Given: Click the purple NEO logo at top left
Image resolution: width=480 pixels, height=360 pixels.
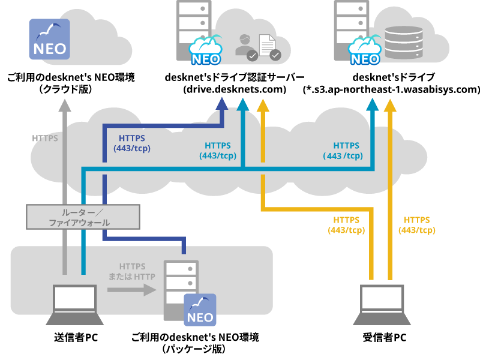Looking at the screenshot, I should coord(49,39).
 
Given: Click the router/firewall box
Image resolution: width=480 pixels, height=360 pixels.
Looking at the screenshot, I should coord(83,217).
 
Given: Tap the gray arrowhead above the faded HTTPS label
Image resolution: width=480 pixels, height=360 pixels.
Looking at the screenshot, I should coord(65,106).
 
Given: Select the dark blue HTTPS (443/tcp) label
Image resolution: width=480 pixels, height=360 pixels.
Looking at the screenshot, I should coord(132,143).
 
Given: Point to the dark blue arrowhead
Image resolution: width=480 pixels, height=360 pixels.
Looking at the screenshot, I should coord(222,103).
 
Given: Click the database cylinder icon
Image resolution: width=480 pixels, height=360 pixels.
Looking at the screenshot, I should coord(403,43).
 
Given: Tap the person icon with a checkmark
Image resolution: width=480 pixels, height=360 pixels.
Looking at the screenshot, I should coord(245,47).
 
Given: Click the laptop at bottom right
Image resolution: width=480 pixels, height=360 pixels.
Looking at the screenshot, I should coord(382,305).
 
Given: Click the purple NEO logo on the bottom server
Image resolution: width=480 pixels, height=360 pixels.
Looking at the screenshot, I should coord(200,310).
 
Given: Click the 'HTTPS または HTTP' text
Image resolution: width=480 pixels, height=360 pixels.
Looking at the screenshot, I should coord(132,272).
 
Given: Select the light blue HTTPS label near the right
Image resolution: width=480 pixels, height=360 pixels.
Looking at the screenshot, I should coord(346,151).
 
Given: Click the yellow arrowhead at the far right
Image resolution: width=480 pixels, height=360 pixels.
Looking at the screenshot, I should coord(390,106).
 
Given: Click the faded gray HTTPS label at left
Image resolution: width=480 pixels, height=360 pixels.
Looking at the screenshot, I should coord(45,138).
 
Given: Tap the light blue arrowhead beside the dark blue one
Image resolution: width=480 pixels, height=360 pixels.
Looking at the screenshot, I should coord(242,106).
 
